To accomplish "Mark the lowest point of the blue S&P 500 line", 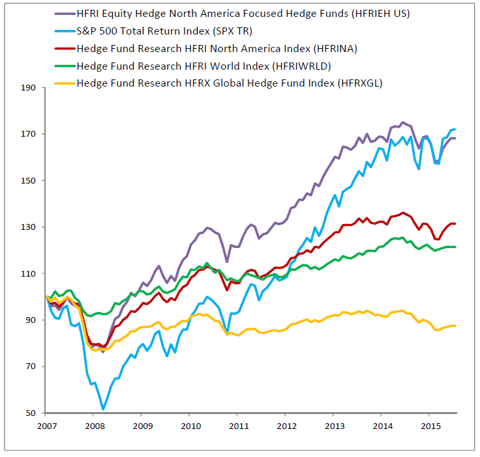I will (103, 409).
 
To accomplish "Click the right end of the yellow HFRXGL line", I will (455, 325).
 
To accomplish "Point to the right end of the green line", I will (455, 247).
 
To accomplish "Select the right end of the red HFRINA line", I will (455, 223).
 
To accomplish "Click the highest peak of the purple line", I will (402, 122).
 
